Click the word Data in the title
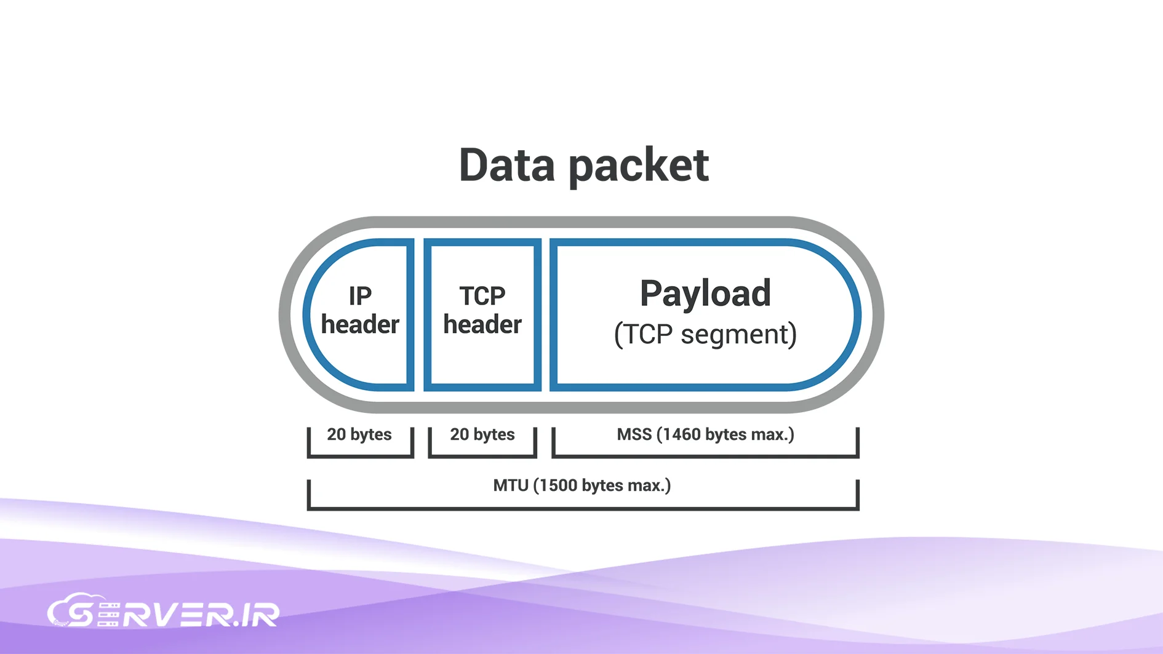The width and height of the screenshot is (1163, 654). pyautogui.click(x=506, y=165)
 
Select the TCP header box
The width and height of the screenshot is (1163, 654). pyautogui.click(x=482, y=314)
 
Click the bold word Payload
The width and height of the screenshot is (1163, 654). pyautogui.click(x=705, y=293)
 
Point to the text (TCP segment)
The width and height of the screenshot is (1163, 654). pyautogui.click(x=705, y=334)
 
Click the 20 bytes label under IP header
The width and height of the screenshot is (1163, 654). pyautogui.click(x=359, y=434)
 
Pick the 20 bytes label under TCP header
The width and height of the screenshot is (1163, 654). pyautogui.click(x=482, y=434)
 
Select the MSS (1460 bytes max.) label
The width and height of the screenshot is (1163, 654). pyautogui.click(x=705, y=434)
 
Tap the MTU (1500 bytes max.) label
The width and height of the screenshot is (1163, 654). pyautogui.click(x=582, y=485)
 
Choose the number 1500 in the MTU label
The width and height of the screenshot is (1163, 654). pyautogui.click(x=559, y=485)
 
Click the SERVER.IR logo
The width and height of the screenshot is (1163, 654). pyautogui.click(x=164, y=612)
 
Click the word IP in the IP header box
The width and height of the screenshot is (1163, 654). pyautogui.click(x=360, y=296)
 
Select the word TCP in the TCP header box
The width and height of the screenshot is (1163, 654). pyautogui.click(x=482, y=296)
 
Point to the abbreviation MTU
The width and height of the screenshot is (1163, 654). pyautogui.click(x=510, y=485)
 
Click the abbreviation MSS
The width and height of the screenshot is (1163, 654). pyautogui.click(x=634, y=434)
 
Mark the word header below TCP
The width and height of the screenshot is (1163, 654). pyautogui.click(x=482, y=325)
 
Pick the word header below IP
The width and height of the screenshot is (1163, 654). pyautogui.click(x=360, y=325)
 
